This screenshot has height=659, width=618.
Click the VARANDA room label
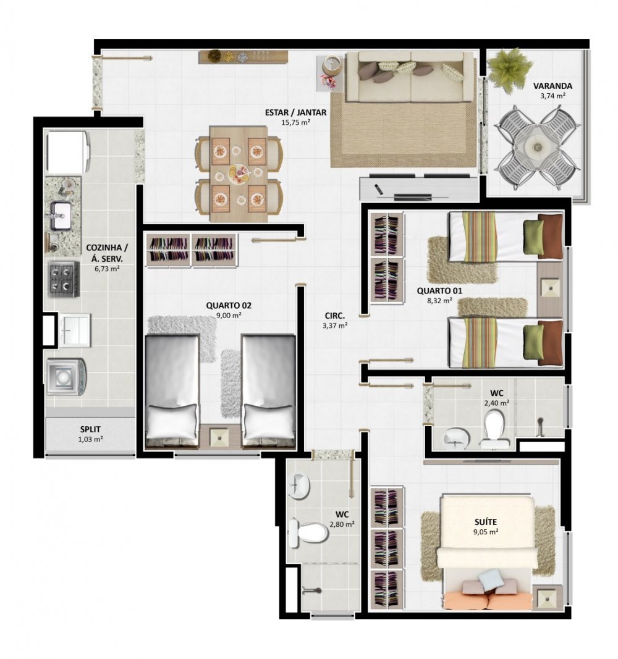coord(552,86)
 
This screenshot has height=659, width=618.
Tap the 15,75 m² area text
coord(295,122)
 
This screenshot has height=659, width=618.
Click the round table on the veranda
coord(538,146)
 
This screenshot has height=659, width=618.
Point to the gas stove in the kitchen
coord(64,279)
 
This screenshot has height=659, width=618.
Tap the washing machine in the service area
coord(66,377)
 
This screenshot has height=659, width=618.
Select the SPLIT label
coord(90,429)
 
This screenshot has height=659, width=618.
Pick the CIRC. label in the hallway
coord(334,316)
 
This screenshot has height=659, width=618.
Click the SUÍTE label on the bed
coord(486,522)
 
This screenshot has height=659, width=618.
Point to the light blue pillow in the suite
coord(491,578)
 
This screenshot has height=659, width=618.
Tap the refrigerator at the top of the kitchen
coord(67,152)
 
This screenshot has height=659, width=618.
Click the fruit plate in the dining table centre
coord(239,173)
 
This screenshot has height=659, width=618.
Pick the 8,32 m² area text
coord(440,301)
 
